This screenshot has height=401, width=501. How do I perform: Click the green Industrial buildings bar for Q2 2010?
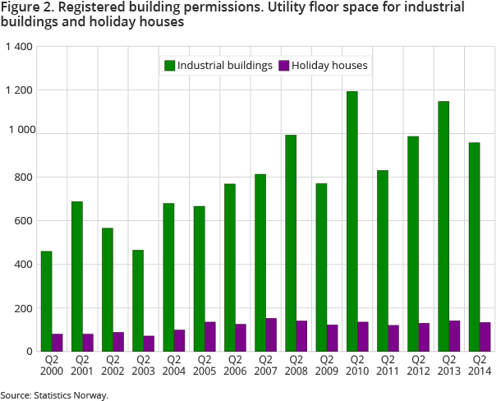[352, 221]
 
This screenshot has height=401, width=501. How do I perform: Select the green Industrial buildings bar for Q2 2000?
[47, 301]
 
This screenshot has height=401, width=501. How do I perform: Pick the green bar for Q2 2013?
[444, 226]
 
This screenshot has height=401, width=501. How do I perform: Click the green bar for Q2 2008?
[291, 242]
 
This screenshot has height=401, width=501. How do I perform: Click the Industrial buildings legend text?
[225, 65]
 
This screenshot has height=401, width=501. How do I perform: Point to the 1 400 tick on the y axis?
[18, 46]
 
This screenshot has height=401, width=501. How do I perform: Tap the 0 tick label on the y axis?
[29, 352]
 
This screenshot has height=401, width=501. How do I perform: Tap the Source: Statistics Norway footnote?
[54, 394]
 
